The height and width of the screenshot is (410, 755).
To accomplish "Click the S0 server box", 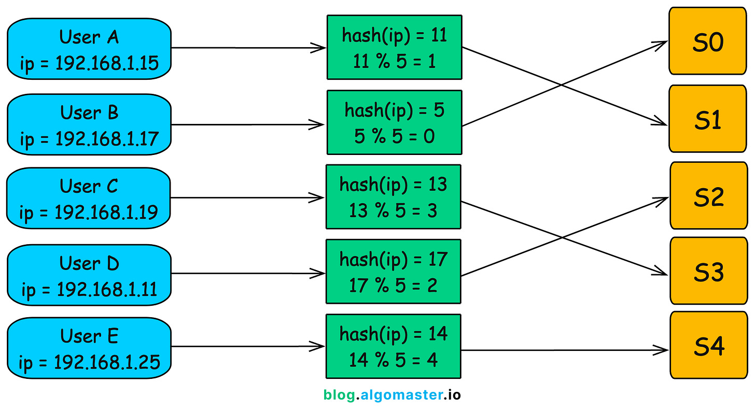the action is tap(708, 41).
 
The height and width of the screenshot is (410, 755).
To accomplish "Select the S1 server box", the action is tap(708, 119).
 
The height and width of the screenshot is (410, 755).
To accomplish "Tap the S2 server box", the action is tap(709, 195).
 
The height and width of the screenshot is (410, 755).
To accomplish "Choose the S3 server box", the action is tap(709, 271).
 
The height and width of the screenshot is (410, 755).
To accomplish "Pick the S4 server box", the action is tap(709, 345).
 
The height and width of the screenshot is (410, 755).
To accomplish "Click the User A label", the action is tap(89, 37).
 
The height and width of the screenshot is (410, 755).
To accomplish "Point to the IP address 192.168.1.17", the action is tap(107, 138).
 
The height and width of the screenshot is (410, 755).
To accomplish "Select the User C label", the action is tap(89, 186).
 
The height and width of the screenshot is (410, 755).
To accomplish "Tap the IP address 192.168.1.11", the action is tap(107, 289).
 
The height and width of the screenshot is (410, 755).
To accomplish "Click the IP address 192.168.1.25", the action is tap(107, 362).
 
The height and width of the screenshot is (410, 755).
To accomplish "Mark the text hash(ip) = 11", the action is tap(394, 35).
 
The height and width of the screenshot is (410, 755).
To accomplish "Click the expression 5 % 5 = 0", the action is tap(394, 136).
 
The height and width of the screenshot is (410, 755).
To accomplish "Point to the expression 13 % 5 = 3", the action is tap(393, 210).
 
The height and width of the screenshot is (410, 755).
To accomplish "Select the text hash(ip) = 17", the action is tap(394, 259).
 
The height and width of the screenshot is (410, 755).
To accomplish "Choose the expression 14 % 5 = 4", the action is tap(393, 360).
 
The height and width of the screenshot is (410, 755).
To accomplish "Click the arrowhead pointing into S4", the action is tap(661, 350).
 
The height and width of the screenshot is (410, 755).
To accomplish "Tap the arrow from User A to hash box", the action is tap(249, 48).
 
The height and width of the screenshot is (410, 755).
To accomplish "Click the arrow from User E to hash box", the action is tap(248, 346).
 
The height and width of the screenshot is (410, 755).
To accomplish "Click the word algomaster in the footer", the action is tap(402, 395).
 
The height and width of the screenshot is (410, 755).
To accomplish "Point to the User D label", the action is tap(89, 263).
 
